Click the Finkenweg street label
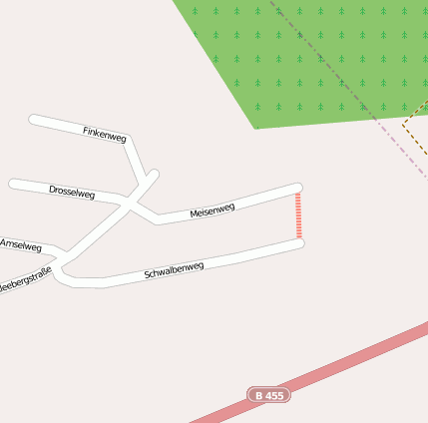(105, 134)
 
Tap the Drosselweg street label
(72, 192)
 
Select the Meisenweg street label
(213, 210)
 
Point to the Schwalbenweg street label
(174, 270)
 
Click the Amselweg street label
(21, 244)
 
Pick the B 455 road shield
(268, 395)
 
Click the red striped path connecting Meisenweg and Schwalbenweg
(298, 215)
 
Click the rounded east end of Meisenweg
(296, 188)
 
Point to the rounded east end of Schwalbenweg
(298, 242)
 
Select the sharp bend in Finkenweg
(131, 140)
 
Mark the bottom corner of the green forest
(255, 128)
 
